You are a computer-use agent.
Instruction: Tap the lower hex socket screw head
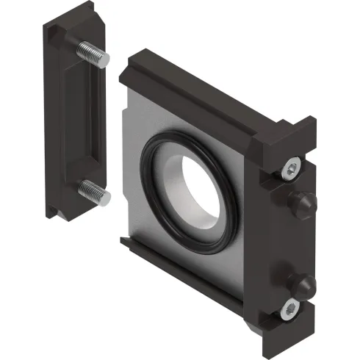(290, 310)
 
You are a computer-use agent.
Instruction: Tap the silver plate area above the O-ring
(169, 121)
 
